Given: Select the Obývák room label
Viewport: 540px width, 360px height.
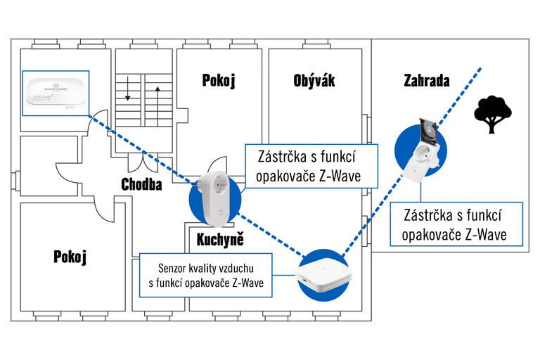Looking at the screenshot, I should click(x=314, y=80).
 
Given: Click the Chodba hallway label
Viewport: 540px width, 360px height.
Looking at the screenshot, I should click(x=141, y=185).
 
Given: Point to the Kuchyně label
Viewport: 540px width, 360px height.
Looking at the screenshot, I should click(x=220, y=240).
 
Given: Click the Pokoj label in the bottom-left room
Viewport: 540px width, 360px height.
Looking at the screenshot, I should click(x=70, y=257).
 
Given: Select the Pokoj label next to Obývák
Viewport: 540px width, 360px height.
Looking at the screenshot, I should click(x=218, y=80).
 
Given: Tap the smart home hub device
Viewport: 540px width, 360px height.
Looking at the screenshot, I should click(x=55, y=92).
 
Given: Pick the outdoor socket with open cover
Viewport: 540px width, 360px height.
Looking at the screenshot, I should click(x=423, y=149).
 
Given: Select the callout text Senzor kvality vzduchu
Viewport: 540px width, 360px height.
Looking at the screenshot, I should click(x=211, y=268).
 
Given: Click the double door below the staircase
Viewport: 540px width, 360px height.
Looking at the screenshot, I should click(x=144, y=160).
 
